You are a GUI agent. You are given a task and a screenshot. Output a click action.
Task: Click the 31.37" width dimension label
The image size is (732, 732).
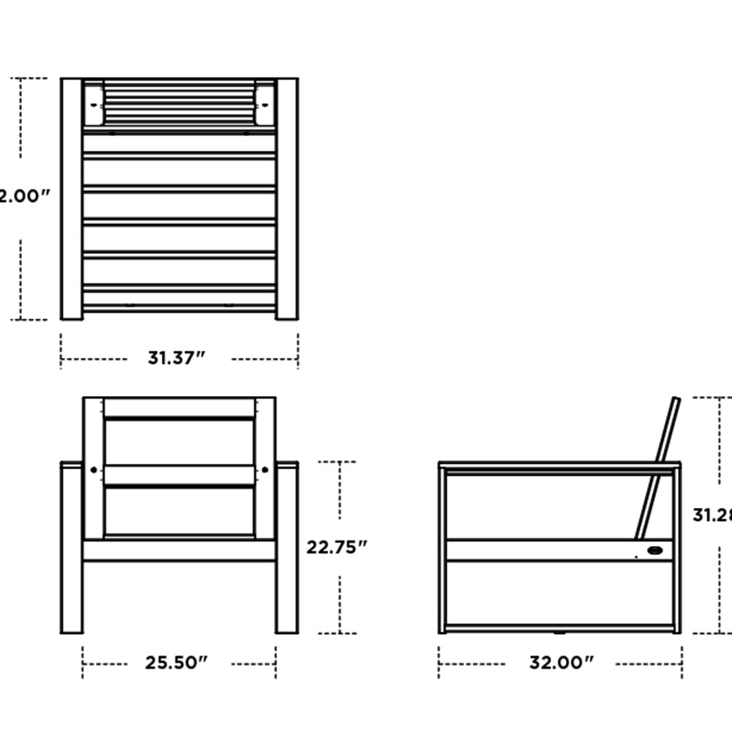176,358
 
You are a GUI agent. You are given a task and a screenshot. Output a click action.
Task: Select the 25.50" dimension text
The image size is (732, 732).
176,663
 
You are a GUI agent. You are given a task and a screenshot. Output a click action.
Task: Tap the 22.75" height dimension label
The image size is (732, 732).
336,547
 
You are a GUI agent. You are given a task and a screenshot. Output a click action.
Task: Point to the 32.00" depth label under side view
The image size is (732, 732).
561,663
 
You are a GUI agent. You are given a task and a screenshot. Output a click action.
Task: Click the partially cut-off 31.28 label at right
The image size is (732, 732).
712,515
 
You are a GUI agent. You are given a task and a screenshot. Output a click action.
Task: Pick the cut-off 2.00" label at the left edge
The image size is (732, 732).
23,196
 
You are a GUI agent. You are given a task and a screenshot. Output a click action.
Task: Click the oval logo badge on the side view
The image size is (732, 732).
656,551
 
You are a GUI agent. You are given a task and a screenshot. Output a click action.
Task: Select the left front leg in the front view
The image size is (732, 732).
71,549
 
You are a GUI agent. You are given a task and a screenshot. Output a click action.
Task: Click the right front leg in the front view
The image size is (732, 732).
287,549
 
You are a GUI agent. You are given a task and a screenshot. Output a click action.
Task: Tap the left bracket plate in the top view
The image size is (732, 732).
94,105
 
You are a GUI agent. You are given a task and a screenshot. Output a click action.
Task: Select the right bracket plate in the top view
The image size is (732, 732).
265,105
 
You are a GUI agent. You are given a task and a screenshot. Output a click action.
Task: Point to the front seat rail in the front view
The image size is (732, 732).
179,550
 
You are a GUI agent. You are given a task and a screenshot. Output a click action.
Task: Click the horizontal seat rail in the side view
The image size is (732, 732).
542,550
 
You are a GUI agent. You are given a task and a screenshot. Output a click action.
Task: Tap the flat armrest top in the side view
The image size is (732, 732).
559,466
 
